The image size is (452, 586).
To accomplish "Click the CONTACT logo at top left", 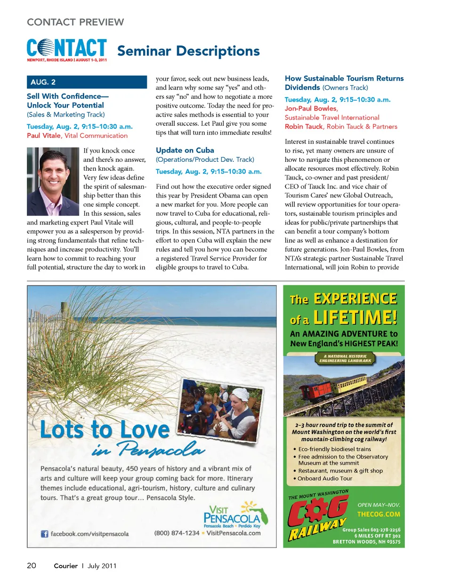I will point(67,49).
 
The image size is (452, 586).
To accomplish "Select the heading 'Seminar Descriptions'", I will point(188,51).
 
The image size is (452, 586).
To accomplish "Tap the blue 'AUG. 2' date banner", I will point(87,82).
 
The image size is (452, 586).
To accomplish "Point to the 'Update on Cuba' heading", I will point(185,150).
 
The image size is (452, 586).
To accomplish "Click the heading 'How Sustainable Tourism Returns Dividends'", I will point(344,83).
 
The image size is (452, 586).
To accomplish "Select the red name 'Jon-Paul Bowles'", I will point(311,109).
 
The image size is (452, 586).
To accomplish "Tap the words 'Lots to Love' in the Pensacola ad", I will point(105,429).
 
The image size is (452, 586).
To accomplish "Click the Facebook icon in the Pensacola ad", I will point(45,534).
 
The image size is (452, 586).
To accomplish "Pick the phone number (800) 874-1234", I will point(177,533).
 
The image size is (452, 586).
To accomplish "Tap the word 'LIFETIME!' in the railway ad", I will point(355,318).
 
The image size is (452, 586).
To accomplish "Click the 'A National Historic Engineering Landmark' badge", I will point(345,359).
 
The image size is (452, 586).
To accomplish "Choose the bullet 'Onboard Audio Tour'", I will point(325,478).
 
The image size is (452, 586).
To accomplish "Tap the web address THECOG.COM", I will point(379,514).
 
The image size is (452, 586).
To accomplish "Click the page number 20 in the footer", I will point(32,565).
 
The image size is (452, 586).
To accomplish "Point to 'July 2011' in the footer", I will point(102,566).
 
